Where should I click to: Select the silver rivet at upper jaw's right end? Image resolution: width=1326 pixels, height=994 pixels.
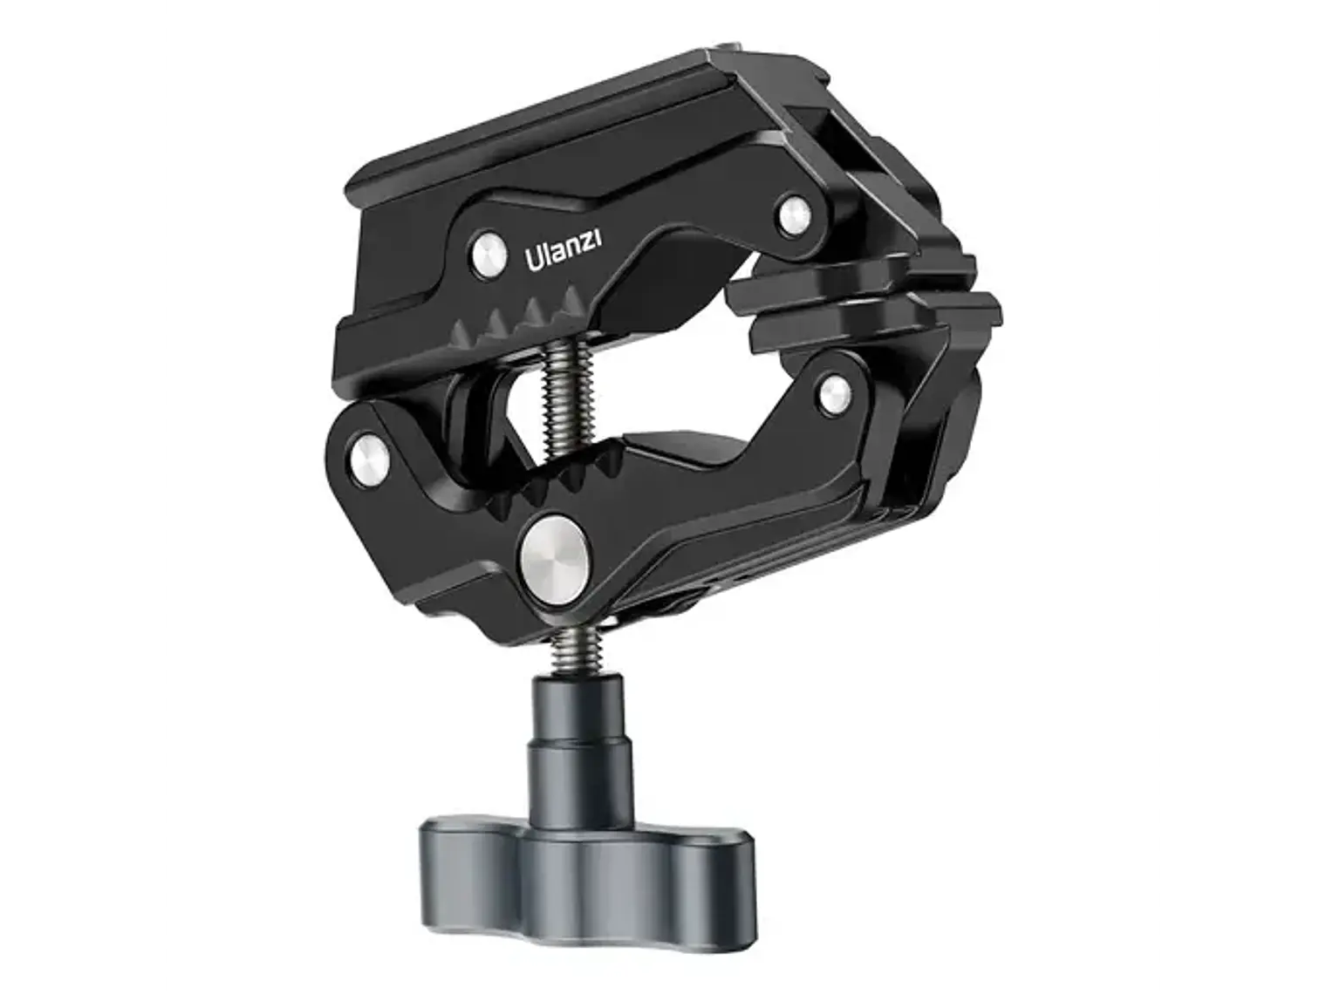click(792, 214)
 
